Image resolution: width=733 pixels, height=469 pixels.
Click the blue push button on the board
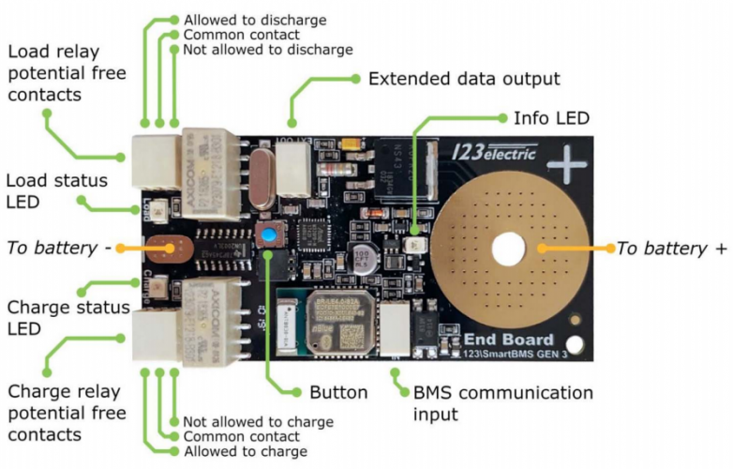click(270, 235)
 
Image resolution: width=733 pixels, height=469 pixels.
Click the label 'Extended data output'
click(464, 79)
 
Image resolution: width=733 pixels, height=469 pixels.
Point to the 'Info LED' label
click(550, 119)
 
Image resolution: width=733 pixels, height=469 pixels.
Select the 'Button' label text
click(338, 392)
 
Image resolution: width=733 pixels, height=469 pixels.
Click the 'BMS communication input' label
click(502, 402)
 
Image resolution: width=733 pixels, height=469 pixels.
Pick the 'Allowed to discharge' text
click(254, 20)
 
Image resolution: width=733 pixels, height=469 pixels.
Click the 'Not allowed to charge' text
click(258, 422)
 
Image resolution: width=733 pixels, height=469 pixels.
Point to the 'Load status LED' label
click(56, 189)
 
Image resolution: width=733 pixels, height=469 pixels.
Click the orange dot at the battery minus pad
click(172, 249)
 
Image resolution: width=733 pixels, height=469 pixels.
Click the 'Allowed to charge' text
click(245, 452)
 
